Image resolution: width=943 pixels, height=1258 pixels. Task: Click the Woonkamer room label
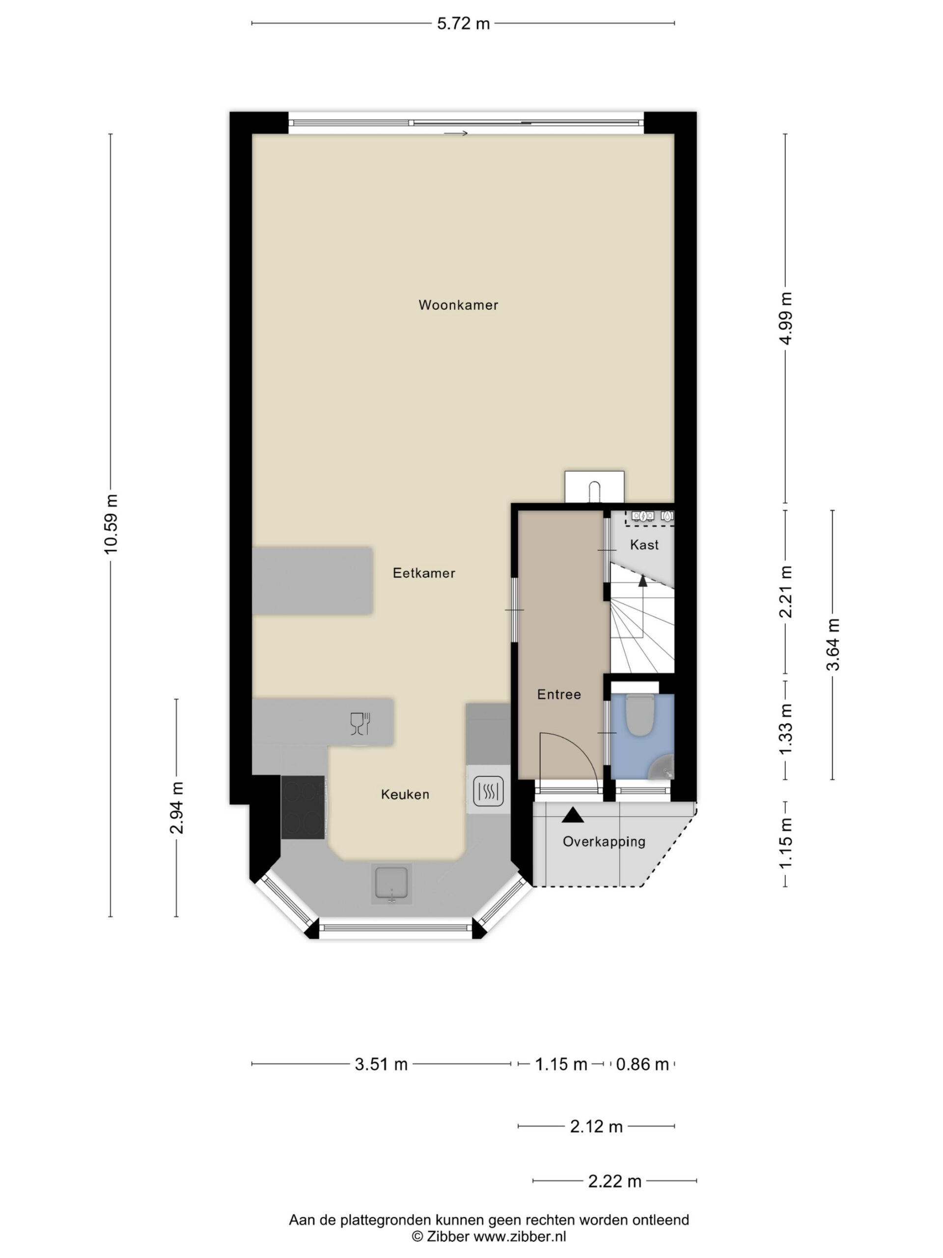458,305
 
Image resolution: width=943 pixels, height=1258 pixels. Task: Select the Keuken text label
405,795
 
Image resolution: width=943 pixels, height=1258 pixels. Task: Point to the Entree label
559,694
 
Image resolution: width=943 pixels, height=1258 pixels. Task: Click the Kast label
644,545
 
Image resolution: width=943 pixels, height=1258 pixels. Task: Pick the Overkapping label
604,842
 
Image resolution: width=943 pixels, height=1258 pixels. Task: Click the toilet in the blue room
640,715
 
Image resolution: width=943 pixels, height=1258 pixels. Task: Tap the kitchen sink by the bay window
391,885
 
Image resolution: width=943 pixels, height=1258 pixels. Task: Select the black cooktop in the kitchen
303,807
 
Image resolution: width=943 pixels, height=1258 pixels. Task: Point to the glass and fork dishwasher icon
360,723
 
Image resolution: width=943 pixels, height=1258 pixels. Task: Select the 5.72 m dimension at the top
463,23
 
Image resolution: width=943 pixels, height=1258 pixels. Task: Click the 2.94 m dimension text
177,807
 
